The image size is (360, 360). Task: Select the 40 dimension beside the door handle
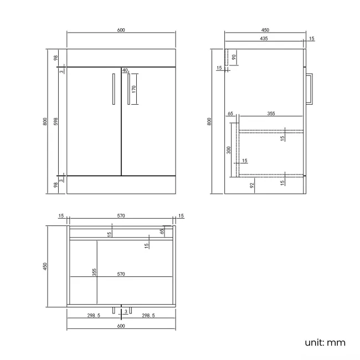(125, 70)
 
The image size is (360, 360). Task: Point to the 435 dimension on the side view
(264, 39)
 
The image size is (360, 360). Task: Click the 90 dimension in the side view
(234, 56)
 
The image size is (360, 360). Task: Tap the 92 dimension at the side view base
(252, 186)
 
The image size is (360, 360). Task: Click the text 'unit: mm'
(325, 342)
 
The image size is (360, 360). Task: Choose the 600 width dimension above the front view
(121, 30)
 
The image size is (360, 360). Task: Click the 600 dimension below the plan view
(121, 326)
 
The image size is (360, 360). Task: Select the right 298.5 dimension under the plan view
(148, 315)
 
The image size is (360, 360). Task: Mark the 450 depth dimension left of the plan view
(45, 266)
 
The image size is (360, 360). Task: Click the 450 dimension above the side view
(265, 30)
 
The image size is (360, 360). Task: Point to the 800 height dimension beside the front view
(45, 122)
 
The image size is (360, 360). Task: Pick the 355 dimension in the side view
(271, 114)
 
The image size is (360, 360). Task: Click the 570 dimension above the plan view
(121, 215)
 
